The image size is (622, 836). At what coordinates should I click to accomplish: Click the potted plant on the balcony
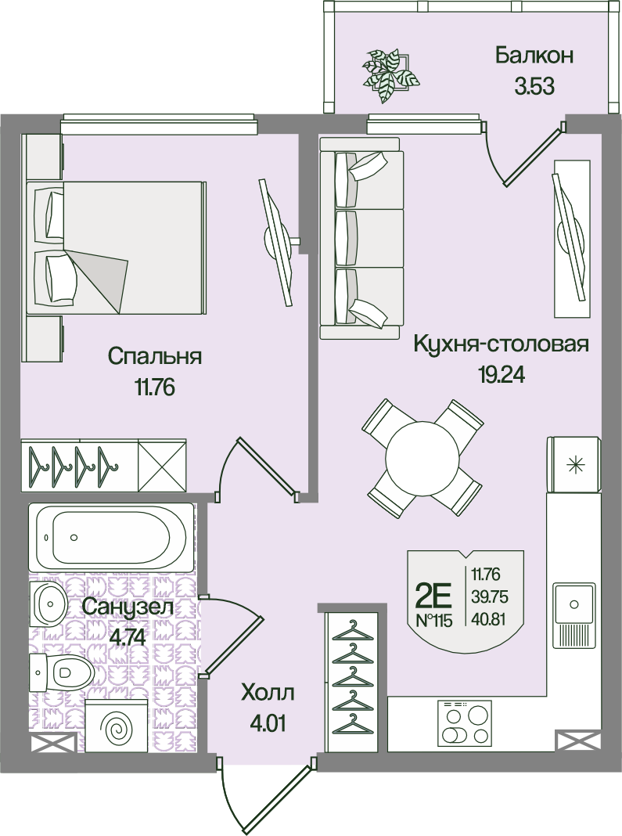pos(391,74)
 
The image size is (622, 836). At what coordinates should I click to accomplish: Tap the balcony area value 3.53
pos(534,86)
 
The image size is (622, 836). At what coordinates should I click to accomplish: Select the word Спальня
pos(155,357)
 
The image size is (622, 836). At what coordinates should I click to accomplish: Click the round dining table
pos(422,458)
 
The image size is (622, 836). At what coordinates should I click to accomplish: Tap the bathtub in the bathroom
pos(111,537)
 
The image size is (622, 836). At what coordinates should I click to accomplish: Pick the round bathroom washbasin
pos(49,604)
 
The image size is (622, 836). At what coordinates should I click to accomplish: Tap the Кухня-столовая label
pos(501,344)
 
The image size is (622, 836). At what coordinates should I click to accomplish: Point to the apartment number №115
pos(433,621)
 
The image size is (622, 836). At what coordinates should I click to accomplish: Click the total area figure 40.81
pos(489,619)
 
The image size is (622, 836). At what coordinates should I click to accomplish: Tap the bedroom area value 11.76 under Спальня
pos(155,388)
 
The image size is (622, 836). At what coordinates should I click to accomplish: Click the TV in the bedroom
pos(278,242)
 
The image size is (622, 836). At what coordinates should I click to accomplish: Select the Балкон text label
pos(534,55)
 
